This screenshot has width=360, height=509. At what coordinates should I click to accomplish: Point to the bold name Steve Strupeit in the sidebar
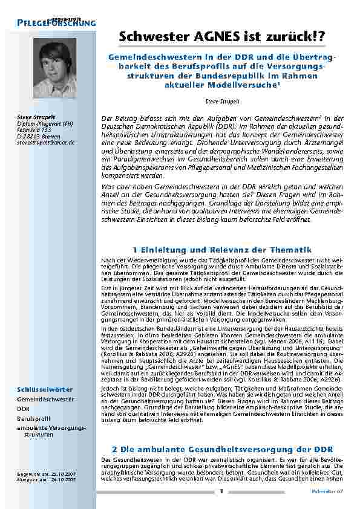(x=35, y=116)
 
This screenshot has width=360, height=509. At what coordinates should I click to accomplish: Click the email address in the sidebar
(x=46, y=143)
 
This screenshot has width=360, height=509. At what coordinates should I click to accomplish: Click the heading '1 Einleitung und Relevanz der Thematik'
(x=220, y=250)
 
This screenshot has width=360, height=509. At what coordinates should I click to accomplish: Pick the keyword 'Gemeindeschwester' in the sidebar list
(x=45, y=400)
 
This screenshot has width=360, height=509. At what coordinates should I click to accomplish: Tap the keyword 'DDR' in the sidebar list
(x=24, y=409)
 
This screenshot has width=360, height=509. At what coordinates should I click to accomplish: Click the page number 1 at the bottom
(x=221, y=491)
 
